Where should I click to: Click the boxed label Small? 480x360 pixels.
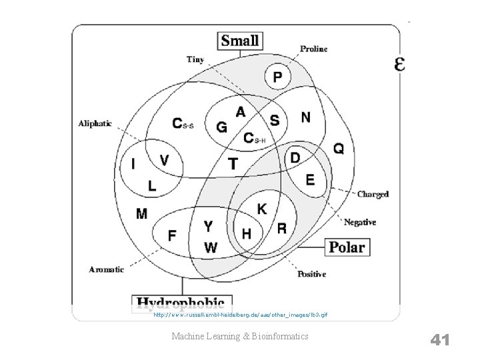click(x=240, y=40)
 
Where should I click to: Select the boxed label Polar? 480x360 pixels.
click(x=347, y=247)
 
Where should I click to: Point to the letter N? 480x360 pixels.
click(x=305, y=117)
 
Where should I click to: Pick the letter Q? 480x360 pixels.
click(x=339, y=149)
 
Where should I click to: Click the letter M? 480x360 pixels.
click(x=142, y=213)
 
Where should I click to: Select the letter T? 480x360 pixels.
click(x=233, y=163)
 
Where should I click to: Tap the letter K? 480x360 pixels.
click(x=262, y=209)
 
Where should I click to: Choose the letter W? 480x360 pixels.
click(x=211, y=247)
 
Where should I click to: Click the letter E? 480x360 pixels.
click(x=310, y=179)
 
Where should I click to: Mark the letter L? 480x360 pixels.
click(x=153, y=186)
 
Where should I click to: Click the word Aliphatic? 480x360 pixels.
click(x=95, y=123)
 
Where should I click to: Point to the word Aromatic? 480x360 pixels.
click(x=107, y=269)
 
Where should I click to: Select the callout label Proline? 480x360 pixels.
click(x=313, y=49)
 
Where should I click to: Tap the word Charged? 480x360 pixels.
click(x=373, y=195)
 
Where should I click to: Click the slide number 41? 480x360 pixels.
click(x=440, y=340)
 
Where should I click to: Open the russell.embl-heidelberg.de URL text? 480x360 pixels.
click(x=240, y=314)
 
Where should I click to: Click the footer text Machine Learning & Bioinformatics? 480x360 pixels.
click(x=240, y=337)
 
